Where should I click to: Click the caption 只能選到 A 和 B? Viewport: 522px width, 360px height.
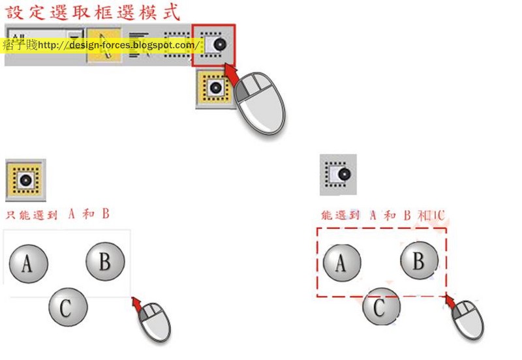(57, 215)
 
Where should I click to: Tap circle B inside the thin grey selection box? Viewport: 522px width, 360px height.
(104, 262)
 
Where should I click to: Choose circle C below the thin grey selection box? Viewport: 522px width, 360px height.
(68, 307)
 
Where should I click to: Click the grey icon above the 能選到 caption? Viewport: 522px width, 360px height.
(338, 175)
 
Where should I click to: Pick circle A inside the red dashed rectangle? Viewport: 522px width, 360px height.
(341, 263)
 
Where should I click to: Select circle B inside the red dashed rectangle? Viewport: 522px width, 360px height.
(418, 261)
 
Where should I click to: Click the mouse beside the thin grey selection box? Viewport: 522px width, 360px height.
(154, 320)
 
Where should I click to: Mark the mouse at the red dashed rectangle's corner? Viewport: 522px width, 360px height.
(468, 318)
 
